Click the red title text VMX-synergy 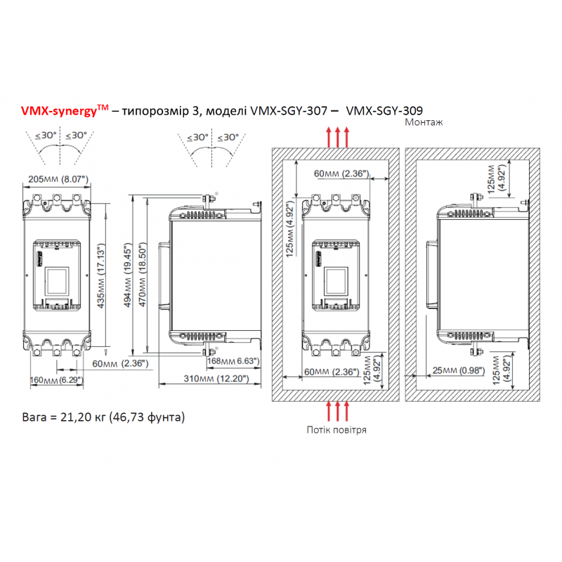click(x=59, y=111)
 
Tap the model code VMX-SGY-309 click(x=384, y=111)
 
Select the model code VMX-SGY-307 click(x=289, y=111)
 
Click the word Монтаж click(x=424, y=122)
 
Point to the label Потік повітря click(x=336, y=430)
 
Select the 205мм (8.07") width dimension click(x=58, y=179)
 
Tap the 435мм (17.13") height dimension click(x=101, y=276)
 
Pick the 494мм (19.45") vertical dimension click(x=128, y=275)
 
